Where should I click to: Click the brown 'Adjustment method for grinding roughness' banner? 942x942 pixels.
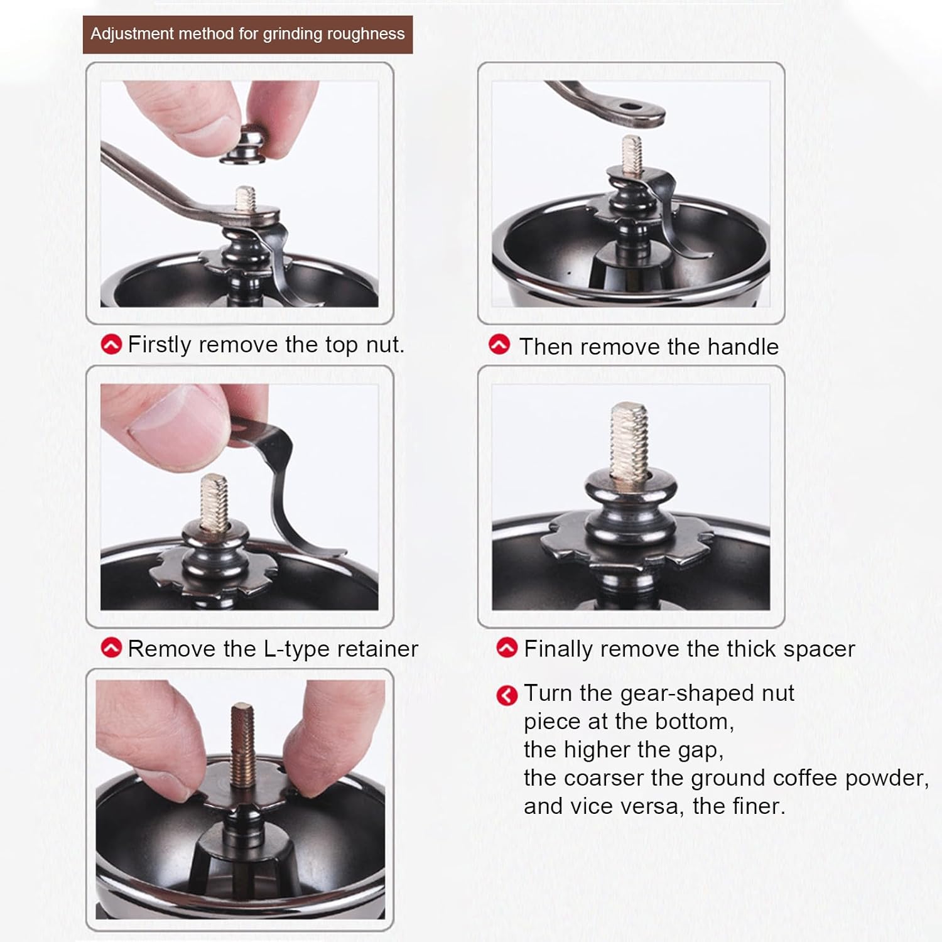[x=247, y=34]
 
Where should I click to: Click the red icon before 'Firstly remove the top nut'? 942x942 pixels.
[x=111, y=344]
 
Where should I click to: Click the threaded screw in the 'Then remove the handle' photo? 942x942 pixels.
[x=632, y=155]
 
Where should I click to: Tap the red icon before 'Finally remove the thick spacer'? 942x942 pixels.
[x=507, y=647]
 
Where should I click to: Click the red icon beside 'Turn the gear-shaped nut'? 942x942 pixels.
[x=507, y=695]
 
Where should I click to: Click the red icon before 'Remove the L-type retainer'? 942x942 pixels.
[x=111, y=647]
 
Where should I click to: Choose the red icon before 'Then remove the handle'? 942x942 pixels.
[x=499, y=345]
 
